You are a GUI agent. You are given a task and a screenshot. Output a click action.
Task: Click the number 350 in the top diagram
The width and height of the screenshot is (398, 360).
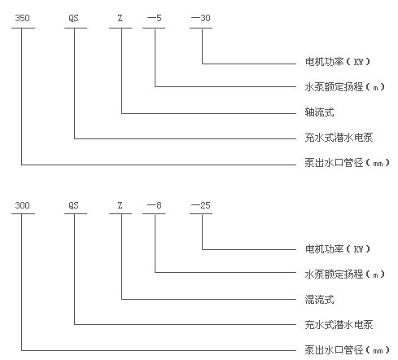[22, 18]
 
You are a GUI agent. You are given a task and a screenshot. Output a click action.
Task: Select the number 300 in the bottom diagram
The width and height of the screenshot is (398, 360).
[22, 205]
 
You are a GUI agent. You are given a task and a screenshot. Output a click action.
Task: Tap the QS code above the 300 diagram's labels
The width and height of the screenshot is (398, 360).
[73, 205]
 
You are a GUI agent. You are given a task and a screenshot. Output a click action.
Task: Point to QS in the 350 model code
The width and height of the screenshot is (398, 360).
[73, 18]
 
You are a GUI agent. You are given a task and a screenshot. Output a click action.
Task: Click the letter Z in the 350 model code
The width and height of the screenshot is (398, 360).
[120, 18]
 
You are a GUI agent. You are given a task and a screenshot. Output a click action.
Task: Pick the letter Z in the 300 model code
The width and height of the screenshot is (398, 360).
[120, 205]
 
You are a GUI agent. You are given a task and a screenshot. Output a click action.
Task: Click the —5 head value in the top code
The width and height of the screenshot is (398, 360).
[155, 18]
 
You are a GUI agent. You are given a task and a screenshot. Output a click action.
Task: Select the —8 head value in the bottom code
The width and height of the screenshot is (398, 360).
[155, 205]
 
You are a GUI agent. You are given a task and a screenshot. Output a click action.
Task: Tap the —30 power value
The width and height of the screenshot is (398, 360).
[201, 18]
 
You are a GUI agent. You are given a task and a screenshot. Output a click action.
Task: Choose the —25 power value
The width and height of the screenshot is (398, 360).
[201, 205]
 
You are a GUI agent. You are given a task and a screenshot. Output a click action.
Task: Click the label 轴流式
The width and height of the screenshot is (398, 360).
[319, 112]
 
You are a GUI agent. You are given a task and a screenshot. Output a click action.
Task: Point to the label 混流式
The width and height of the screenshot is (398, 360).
[319, 300]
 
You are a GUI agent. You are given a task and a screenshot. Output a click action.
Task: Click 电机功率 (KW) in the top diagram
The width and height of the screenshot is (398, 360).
[338, 62]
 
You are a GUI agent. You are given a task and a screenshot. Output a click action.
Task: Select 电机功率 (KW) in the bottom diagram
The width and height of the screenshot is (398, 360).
[338, 249]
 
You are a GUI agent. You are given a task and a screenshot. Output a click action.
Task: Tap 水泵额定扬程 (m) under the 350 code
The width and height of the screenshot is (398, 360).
[345, 87]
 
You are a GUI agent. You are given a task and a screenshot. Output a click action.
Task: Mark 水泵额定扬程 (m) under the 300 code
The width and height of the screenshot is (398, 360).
[345, 274]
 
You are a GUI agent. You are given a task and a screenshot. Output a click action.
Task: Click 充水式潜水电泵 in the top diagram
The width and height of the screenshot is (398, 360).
[339, 138]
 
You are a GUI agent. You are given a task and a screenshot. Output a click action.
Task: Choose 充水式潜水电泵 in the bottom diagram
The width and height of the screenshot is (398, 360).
[339, 325]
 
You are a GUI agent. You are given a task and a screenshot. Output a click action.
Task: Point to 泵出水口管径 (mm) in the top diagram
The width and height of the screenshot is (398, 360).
[348, 163]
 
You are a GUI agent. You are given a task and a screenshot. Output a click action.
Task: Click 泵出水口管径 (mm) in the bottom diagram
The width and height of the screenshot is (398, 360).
[348, 350]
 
